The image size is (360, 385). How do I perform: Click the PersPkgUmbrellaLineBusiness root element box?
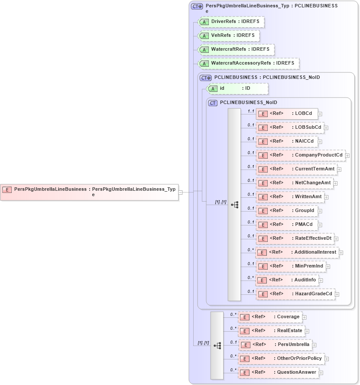click(x=89, y=192)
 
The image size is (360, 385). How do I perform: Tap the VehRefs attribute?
click(x=228, y=36)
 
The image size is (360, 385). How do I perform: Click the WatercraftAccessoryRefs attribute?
click(x=248, y=63)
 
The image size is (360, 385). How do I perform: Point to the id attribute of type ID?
click(x=237, y=88)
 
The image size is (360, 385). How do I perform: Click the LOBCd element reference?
click(x=287, y=114)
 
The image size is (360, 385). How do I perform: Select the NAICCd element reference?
click(x=287, y=141)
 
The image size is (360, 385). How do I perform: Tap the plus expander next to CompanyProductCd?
click(x=347, y=155)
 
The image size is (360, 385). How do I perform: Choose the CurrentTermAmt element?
click(x=296, y=169)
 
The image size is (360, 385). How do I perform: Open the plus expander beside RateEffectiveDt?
click(x=336, y=238)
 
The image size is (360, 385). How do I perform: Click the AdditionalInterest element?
click(x=297, y=252)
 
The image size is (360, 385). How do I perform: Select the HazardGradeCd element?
click(x=295, y=294)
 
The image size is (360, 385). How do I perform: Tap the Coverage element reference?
click(x=270, y=317)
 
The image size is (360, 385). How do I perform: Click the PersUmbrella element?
click(x=275, y=345)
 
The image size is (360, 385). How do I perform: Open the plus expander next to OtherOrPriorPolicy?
click(x=327, y=359)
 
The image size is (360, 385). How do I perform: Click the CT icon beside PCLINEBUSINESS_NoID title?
click(x=213, y=103)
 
